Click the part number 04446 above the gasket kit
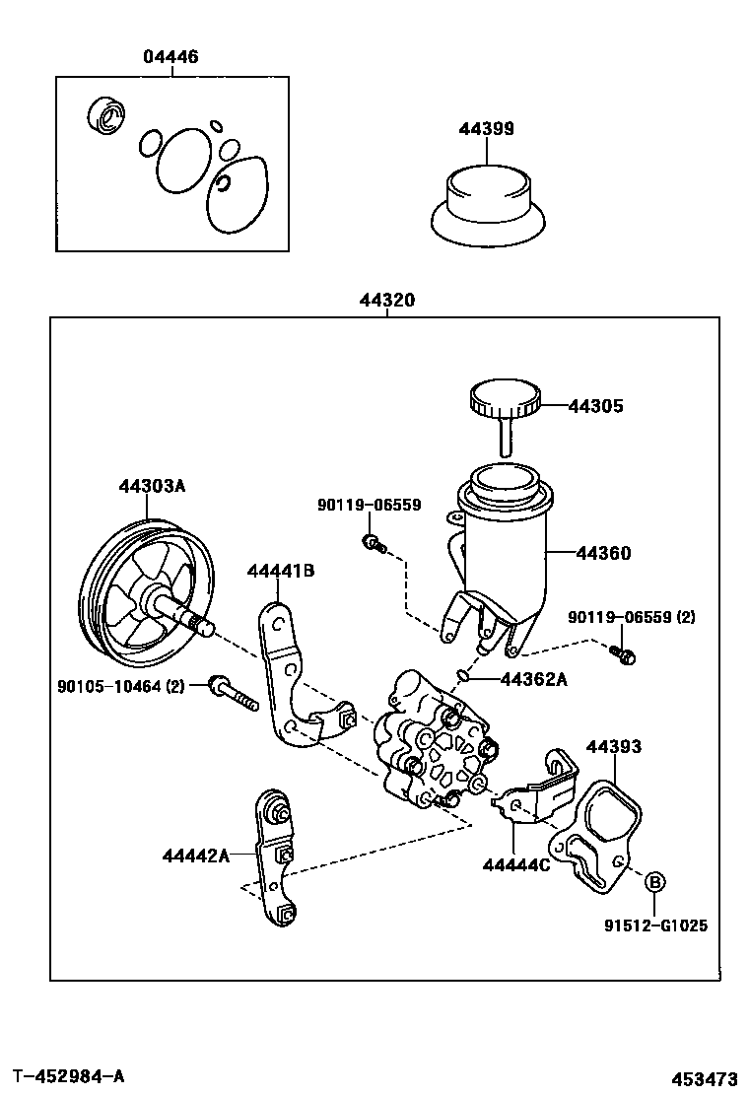point(170,57)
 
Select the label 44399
point(486,129)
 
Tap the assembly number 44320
point(387,302)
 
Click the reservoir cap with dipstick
point(505,406)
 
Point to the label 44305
point(595,405)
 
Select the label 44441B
point(280,571)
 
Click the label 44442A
point(195,856)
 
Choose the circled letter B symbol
point(655,881)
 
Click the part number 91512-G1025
point(655,925)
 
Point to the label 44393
point(614,747)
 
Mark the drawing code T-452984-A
point(69,1075)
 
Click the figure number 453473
point(706,1077)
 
